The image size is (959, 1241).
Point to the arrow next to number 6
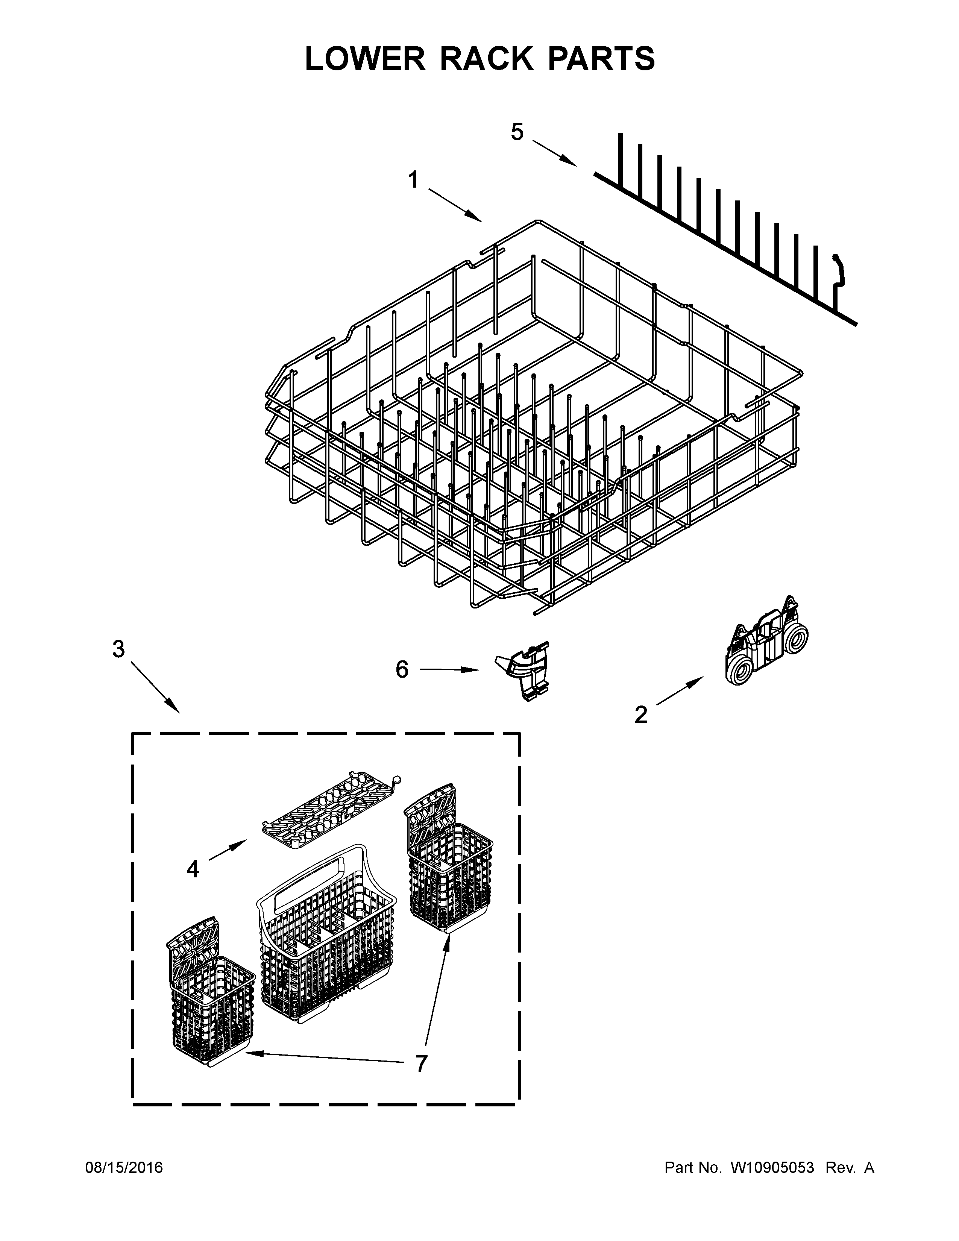tap(449, 670)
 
